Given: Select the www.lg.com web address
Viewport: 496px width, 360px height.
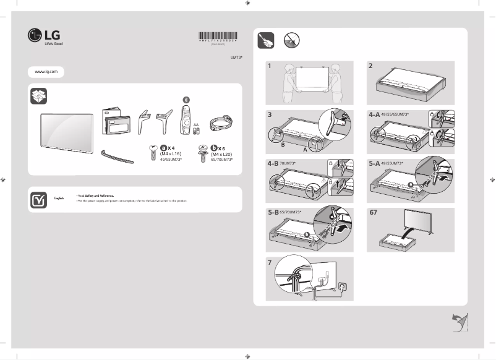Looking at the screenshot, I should point(46,72).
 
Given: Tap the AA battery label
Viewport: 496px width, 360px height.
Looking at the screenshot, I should point(196,124).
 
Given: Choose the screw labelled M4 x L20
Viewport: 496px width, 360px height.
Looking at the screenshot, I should point(202,153).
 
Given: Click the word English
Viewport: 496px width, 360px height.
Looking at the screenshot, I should point(59,198).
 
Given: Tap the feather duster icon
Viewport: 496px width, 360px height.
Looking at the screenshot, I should point(266,41).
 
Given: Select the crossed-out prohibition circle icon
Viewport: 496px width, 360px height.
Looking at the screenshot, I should point(292,41).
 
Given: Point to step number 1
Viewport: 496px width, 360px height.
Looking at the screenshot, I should point(270,66).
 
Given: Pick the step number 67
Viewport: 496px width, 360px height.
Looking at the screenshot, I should point(373,213).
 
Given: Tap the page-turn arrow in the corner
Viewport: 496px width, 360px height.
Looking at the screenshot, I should point(460,321).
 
